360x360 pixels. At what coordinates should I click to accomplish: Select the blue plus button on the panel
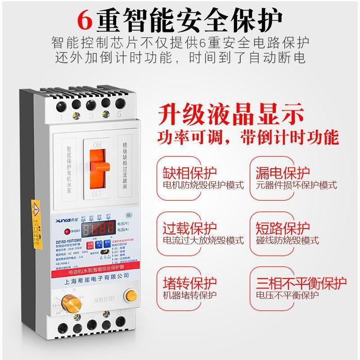coord(99,244)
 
